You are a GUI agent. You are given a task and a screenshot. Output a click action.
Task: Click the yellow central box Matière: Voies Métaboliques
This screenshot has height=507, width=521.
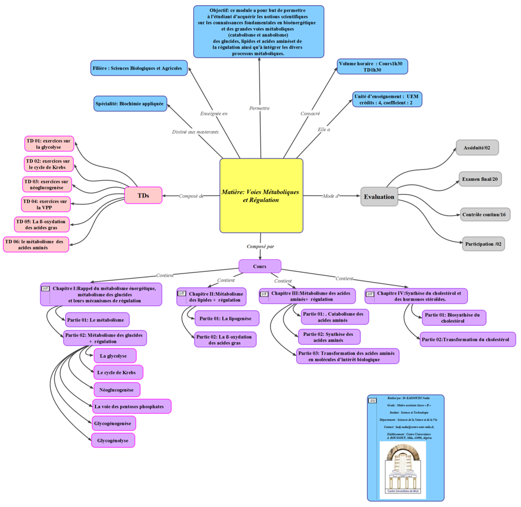point(261,196)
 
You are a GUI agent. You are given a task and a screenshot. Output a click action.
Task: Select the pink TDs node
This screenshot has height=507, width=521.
point(143,196)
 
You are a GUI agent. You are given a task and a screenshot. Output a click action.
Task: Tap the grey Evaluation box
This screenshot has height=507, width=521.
point(379,197)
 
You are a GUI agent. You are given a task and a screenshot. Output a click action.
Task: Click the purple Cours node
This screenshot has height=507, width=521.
point(260,266)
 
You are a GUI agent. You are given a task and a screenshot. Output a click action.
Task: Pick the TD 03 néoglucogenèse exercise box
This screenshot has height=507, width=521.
point(47,184)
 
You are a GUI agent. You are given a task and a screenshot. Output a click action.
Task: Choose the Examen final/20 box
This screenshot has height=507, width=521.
point(480,180)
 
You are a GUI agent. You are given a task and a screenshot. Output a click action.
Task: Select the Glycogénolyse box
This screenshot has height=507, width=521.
point(113,441)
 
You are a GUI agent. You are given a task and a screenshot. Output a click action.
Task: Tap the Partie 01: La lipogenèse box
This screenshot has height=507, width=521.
point(227,318)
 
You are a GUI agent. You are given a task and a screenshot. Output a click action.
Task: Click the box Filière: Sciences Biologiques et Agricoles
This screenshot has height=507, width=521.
point(139,68)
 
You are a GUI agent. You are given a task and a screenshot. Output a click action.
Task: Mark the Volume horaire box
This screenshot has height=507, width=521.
point(372,66)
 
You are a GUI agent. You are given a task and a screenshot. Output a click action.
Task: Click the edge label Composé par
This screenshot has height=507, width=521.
point(260,247)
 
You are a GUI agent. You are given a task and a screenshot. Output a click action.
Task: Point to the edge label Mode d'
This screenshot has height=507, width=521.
point(331,196)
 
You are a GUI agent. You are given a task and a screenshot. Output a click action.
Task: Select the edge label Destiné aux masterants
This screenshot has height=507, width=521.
point(196,132)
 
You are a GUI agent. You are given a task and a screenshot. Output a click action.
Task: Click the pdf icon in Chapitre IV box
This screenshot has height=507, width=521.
point(370,294)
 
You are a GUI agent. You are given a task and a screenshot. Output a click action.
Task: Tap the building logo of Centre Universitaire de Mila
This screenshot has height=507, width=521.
point(403,469)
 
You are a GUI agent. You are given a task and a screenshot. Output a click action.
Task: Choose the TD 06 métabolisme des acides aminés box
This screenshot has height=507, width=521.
point(35,245)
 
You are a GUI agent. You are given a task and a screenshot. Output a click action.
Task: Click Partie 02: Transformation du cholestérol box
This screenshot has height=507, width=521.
point(467,339)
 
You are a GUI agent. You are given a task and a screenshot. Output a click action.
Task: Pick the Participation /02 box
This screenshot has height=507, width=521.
point(483,244)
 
